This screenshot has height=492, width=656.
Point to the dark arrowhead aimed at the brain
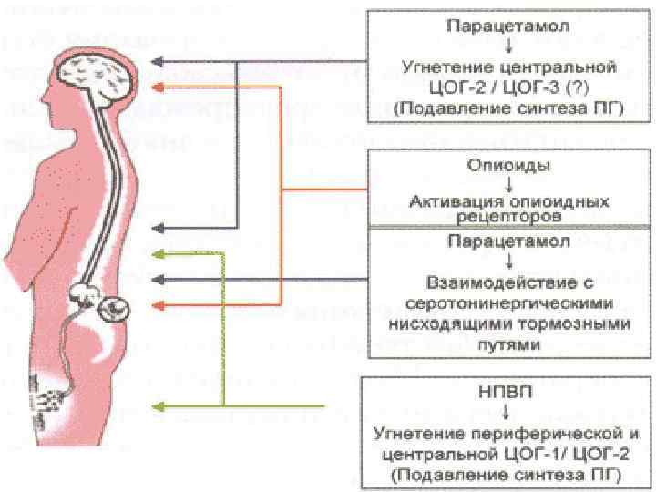coord(156,62)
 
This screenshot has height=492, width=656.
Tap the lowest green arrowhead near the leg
coord(158,405)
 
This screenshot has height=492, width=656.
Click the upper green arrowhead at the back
coord(158,253)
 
